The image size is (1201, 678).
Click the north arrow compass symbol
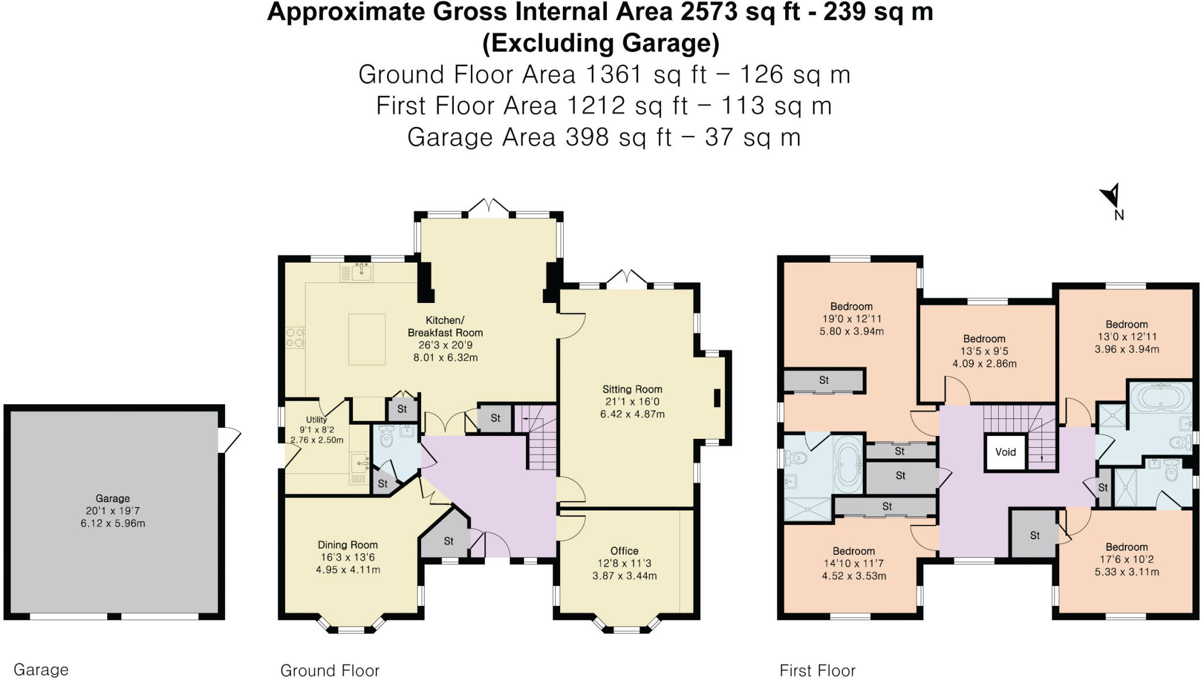pyautogui.click(x=1111, y=196)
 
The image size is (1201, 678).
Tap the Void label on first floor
pyautogui.click(x=1005, y=452)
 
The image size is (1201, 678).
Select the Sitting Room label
pyautogui.click(x=632, y=389)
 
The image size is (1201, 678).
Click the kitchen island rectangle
pyautogui.click(x=367, y=339)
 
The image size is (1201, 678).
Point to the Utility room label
pyautogui.click(x=316, y=420)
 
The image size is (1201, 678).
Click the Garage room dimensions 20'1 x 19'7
pyautogui.click(x=113, y=511)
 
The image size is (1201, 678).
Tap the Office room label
pyautogui.click(x=624, y=551)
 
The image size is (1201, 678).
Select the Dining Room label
pyautogui.click(x=348, y=545)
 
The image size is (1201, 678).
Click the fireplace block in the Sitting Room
pyautogui.click(x=717, y=398)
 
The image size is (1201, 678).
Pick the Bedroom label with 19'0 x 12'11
pyautogui.click(x=851, y=306)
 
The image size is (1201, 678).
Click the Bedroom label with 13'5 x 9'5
pyautogui.click(x=984, y=339)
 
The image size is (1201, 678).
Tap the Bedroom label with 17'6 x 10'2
pyautogui.click(x=1127, y=547)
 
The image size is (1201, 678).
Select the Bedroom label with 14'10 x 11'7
pyautogui.click(x=853, y=551)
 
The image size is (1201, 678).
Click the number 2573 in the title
pyautogui.click(x=709, y=12)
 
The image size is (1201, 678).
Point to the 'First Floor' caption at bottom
pyautogui.click(x=817, y=670)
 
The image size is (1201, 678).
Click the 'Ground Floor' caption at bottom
pyautogui.click(x=330, y=670)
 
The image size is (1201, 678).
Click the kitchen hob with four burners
pyautogui.click(x=295, y=338)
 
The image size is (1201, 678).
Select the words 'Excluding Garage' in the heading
pyautogui.click(x=600, y=43)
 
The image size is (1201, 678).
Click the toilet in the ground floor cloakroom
pyautogui.click(x=386, y=438)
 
